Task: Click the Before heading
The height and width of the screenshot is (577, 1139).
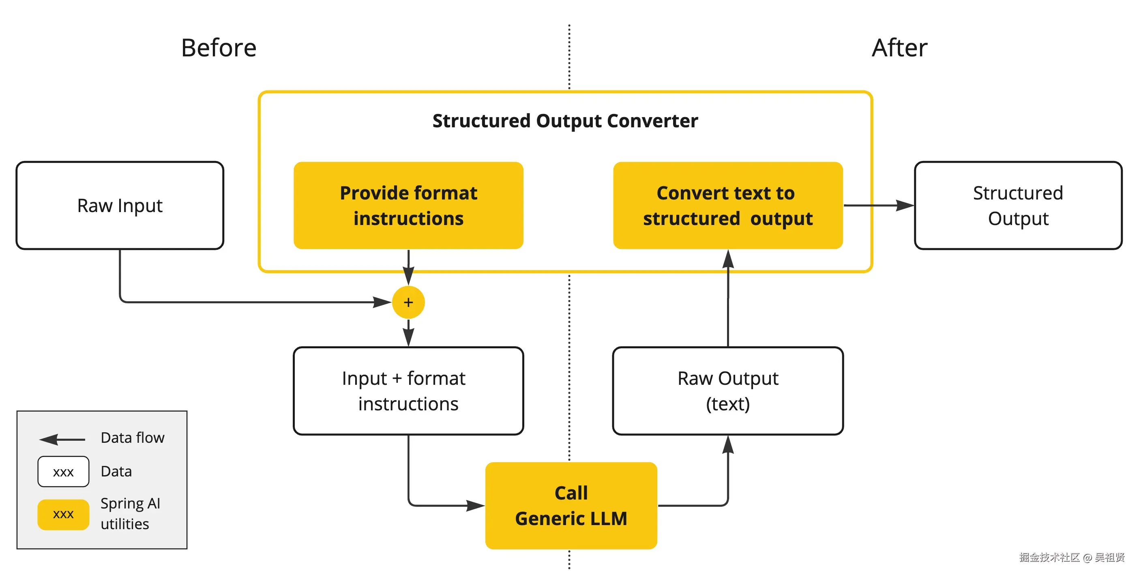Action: pos(219,48)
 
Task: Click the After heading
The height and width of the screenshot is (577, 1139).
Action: pos(899,48)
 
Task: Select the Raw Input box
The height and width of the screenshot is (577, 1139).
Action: pos(120,206)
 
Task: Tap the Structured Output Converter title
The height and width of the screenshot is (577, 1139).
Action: pos(565,121)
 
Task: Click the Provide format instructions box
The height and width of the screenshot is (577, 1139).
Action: pos(408,206)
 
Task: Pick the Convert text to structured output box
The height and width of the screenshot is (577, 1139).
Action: pos(727,206)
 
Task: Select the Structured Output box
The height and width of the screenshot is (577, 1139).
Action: pos(1018,206)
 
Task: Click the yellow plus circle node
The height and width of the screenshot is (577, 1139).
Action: pos(408,302)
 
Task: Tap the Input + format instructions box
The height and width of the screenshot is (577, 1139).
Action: pos(408,391)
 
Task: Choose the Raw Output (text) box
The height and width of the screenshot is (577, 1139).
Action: pos(727,391)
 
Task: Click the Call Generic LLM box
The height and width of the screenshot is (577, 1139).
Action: pos(571,505)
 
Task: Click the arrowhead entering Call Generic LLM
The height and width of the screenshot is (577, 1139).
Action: pos(477,505)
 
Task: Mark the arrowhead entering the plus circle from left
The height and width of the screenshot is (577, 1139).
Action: pos(383,302)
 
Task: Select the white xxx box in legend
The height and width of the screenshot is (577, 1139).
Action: pos(63,472)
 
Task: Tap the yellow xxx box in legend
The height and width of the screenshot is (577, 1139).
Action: pos(63,514)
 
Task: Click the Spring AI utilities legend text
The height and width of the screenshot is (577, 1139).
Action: pos(130,513)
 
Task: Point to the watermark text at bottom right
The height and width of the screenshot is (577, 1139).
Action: pos(1071,557)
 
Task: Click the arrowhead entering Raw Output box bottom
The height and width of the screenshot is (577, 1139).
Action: pos(728,444)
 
